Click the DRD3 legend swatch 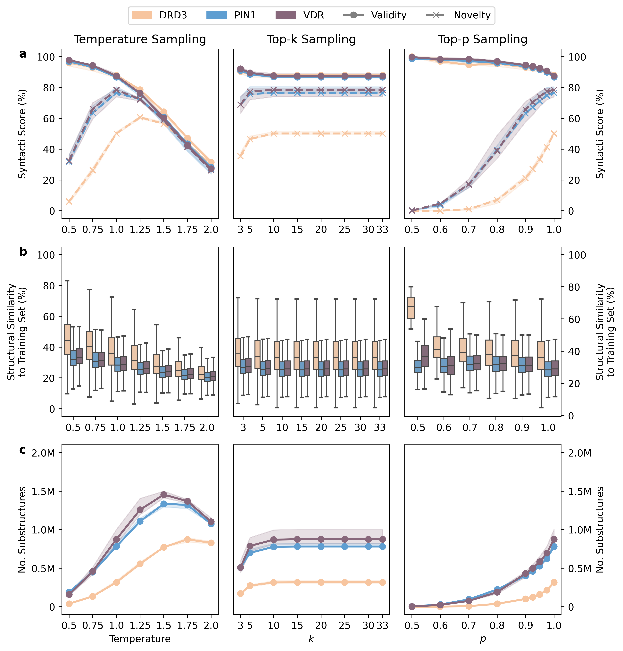(x=142, y=15)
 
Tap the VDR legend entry (x=300, y=15)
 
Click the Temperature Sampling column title (x=140, y=39)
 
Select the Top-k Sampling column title (x=311, y=39)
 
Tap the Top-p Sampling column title (x=483, y=39)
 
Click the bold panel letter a (x=23, y=54)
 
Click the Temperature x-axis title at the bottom (x=140, y=639)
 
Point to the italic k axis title (x=311, y=639)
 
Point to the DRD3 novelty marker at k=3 (x=240, y=156)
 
